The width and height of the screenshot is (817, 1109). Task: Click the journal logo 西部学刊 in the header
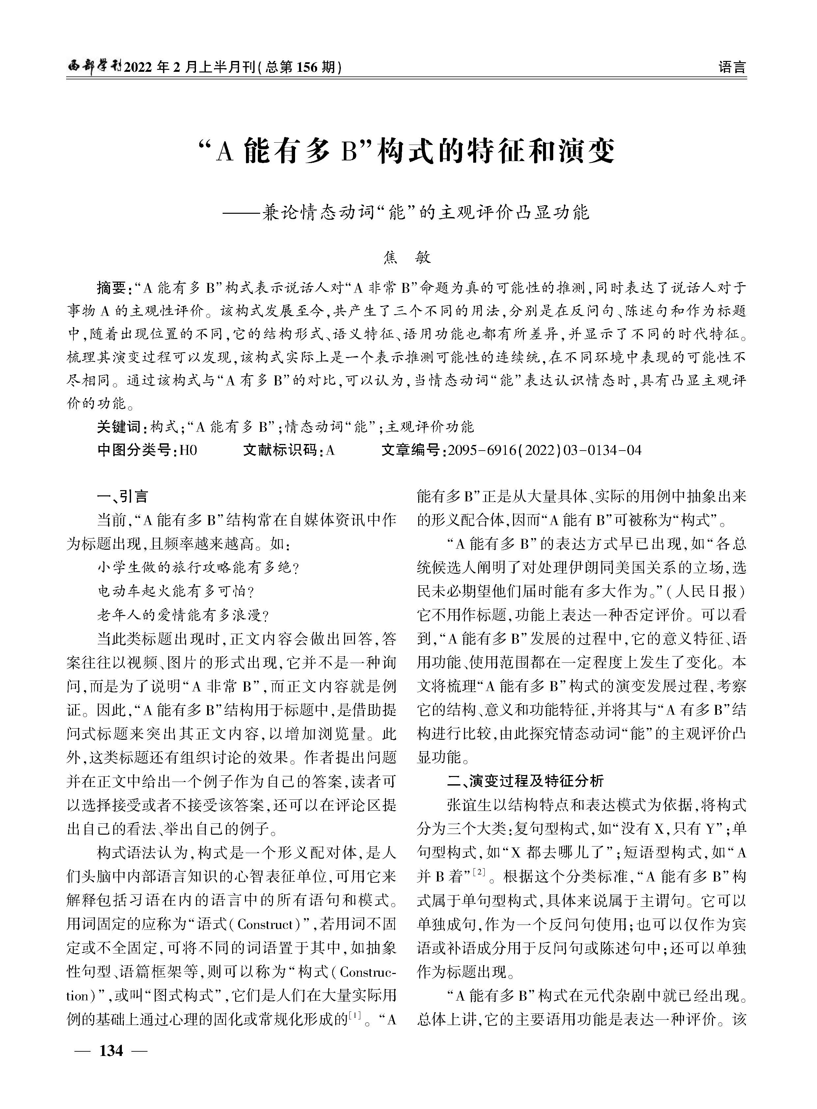(94, 66)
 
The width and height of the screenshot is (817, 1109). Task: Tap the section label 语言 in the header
(732, 67)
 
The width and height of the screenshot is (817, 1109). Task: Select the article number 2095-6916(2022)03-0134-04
(544, 450)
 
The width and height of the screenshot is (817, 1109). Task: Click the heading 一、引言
(123, 497)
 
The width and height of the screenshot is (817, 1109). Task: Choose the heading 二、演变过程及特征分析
(525, 781)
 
